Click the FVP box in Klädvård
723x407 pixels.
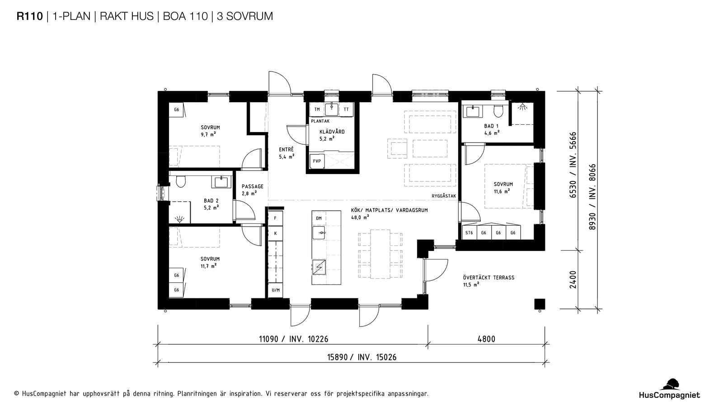pyautogui.click(x=317, y=161)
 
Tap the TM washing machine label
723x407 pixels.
pyautogui.click(x=317, y=109)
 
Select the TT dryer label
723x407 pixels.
pyautogui.click(x=346, y=109)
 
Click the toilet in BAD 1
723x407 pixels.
pyautogui.click(x=498, y=111)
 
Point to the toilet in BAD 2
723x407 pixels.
pyautogui.click(x=181, y=181)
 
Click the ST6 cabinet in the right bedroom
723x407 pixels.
pyautogui.click(x=469, y=232)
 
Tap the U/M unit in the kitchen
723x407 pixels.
pyautogui.click(x=276, y=290)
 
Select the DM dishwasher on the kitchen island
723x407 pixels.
pyautogui.click(x=319, y=218)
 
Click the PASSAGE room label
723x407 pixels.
pyautogui.click(x=253, y=186)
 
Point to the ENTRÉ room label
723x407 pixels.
pyautogui.click(x=286, y=150)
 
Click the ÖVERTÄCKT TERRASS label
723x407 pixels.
pyautogui.click(x=488, y=278)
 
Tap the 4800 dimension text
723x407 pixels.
pyautogui.click(x=486, y=339)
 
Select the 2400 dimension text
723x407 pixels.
pyautogui.click(x=573, y=280)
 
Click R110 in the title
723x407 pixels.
pyautogui.click(x=30, y=16)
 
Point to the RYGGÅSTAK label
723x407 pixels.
pyautogui.click(x=444, y=196)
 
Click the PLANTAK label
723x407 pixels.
pyautogui.click(x=320, y=121)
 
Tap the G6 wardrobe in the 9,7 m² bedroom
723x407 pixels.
pyautogui.click(x=177, y=110)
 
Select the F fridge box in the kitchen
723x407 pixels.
pyautogui.click(x=275, y=218)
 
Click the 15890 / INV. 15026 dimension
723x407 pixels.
pyautogui.click(x=362, y=357)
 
